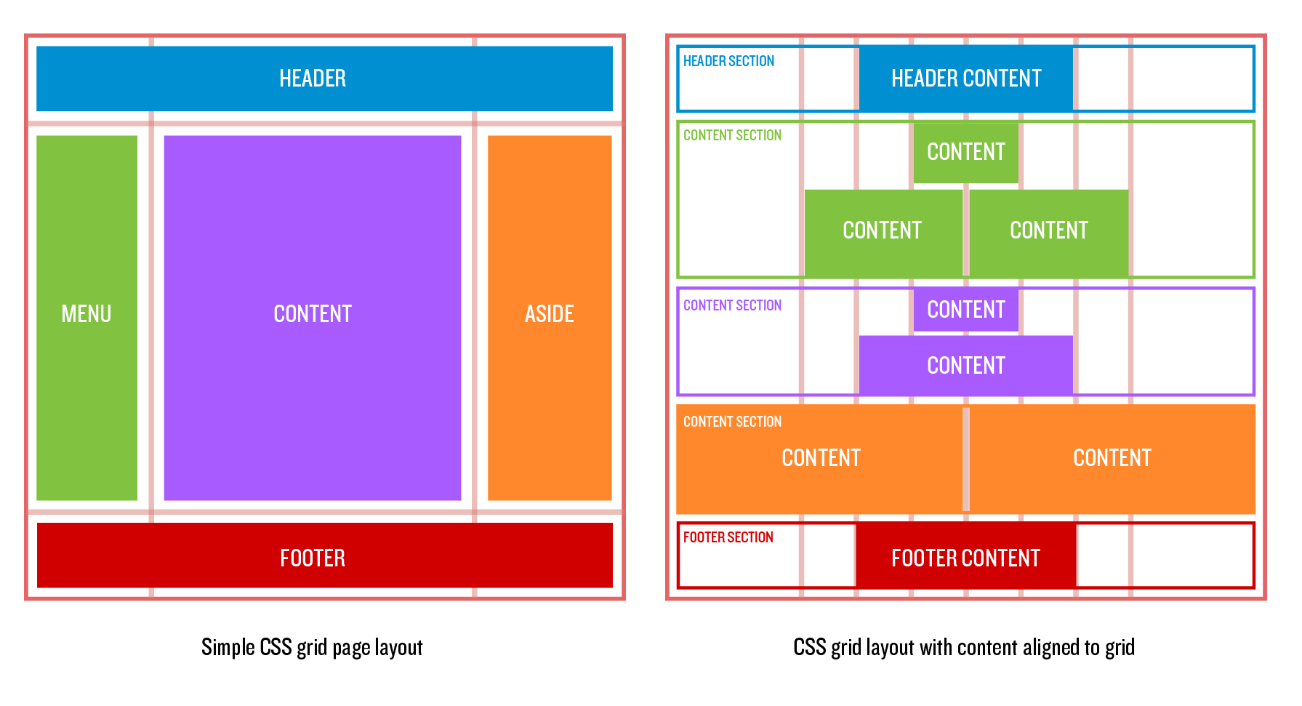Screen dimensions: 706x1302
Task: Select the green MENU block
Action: [x=87, y=318]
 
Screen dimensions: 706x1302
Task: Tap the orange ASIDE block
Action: [x=550, y=318]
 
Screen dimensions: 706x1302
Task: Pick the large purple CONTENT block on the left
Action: [x=313, y=318]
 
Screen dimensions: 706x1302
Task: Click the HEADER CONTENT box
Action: [x=965, y=79]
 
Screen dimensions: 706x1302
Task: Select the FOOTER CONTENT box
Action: [x=965, y=558]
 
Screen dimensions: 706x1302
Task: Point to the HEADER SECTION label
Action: [x=728, y=61]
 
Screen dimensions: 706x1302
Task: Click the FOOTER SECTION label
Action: [x=728, y=537]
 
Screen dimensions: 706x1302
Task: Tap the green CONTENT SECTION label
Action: [x=732, y=135]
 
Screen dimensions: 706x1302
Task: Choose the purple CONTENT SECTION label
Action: [x=732, y=305]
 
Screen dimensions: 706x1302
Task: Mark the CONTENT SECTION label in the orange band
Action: [x=732, y=422]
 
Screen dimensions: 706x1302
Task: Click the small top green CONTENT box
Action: [x=965, y=152]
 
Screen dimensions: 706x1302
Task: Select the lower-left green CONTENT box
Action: [x=883, y=231]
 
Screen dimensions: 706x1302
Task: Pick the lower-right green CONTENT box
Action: [x=1049, y=231]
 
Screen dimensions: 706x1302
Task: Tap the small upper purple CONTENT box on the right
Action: [x=965, y=310]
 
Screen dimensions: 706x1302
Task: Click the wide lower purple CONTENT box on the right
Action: [x=965, y=365]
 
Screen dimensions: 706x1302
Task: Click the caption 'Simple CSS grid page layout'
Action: [x=312, y=647]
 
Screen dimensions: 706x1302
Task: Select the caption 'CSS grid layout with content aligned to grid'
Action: [x=963, y=647]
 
